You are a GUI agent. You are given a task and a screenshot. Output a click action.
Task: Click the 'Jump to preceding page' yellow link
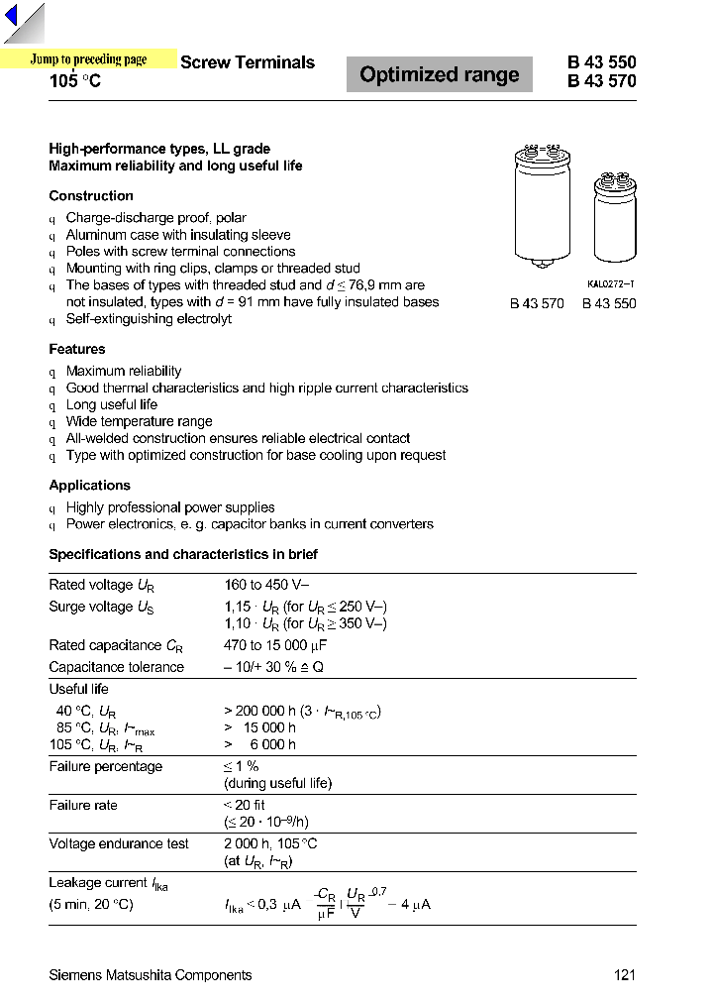click(x=88, y=59)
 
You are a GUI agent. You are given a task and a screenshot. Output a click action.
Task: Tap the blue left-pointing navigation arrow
click(x=12, y=17)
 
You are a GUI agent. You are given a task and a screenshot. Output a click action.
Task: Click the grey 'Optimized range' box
click(x=439, y=75)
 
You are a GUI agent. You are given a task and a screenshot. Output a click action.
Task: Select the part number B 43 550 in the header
click(x=601, y=61)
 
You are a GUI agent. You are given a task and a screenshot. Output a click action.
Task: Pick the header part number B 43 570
click(x=601, y=81)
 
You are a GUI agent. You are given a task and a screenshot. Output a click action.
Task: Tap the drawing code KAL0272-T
click(x=610, y=284)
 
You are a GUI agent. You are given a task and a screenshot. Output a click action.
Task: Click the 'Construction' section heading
click(x=91, y=196)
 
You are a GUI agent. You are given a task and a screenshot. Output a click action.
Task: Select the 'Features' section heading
click(x=77, y=349)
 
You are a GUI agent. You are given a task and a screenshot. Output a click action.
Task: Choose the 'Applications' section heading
click(x=90, y=486)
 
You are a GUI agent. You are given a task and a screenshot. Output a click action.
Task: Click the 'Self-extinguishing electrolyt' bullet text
click(x=149, y=319)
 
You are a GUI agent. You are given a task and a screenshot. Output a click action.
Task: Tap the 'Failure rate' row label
click(x=83, y=805)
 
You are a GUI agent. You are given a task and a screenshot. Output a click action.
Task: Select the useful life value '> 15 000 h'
click(x=260, y=727)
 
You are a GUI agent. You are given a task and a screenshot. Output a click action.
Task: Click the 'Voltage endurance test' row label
click(x=119, y=843)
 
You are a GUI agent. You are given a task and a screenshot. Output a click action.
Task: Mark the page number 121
click(x=624, y=975)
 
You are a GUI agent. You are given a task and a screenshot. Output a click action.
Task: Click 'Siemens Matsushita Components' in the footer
click(x=151, y=975)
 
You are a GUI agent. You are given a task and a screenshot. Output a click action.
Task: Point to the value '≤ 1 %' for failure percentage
click(x=241, y=766)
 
